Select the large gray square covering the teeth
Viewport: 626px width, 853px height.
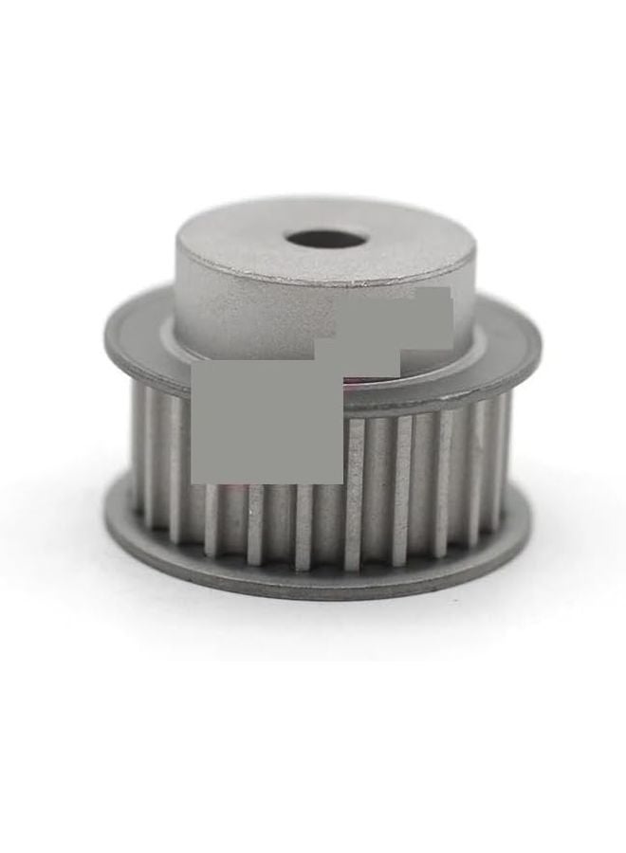tap(267, 422)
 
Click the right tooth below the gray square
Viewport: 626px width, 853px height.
tap(304, 526)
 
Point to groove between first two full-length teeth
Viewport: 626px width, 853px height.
tap(378, 493)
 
